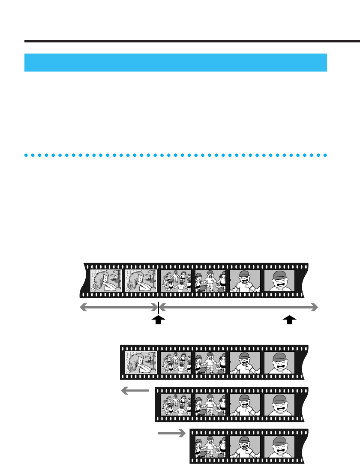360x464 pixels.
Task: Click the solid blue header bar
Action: (x=176, y=63)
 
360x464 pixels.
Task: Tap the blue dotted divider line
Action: (x=176, y=155)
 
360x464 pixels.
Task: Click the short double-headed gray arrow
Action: (x=119, y=306)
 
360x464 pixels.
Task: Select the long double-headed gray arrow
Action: (x=239, y=306)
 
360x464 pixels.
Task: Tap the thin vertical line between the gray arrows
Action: (x=159, y=307)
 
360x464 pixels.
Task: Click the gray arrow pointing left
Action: (x=135, y=390)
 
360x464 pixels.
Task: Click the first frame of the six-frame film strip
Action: (x=106, y=281)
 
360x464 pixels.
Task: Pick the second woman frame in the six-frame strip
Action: (x=141, y=281)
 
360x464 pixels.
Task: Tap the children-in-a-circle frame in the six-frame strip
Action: (x=176, y=281)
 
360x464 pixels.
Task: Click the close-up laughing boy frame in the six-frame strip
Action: (x=279, y=281)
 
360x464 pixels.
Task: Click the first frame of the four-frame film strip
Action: (x=176, y=404)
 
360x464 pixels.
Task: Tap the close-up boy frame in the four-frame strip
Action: (x=279, y=404)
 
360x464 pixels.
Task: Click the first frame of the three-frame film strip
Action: (x=210, y=446)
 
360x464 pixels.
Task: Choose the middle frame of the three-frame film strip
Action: (x=245, y=446)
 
